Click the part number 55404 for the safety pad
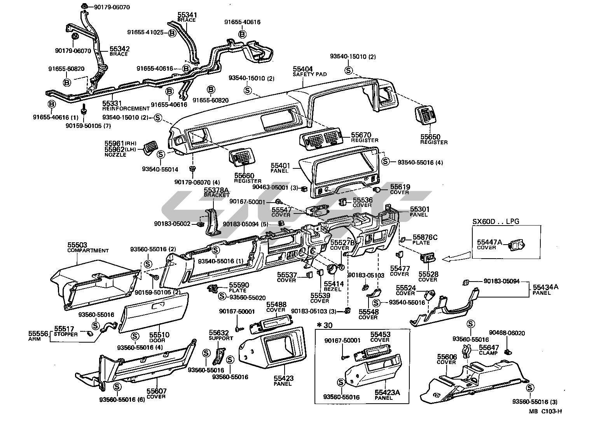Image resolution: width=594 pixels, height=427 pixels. tap(303, 69)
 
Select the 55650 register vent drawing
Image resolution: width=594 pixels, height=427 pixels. tap(426, 115)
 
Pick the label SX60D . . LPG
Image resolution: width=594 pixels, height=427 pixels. tap(496, 222)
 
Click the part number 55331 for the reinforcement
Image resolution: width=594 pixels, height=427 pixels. tap(112, 103)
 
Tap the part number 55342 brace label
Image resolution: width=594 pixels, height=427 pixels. tap(119, 49)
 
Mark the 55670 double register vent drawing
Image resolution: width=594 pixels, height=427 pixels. tap(321, 139)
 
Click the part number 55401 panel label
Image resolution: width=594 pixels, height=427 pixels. tap(281, 166)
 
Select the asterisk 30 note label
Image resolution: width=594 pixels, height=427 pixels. tap(322, 325)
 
